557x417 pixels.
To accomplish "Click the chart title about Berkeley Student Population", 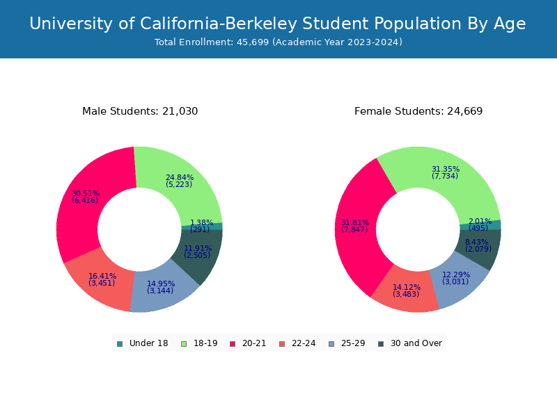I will click(x=278, y=24).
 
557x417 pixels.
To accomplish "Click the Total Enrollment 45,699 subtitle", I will click(x=278, y=42).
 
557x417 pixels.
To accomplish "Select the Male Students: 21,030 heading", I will click(x=140, y=111).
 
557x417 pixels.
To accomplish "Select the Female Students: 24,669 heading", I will click(x=418, y=111).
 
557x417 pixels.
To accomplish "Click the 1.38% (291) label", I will click(x=201, y=226).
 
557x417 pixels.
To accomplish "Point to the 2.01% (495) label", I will click(x=479, y=224).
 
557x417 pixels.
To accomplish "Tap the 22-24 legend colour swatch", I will click(x=282, y=343).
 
